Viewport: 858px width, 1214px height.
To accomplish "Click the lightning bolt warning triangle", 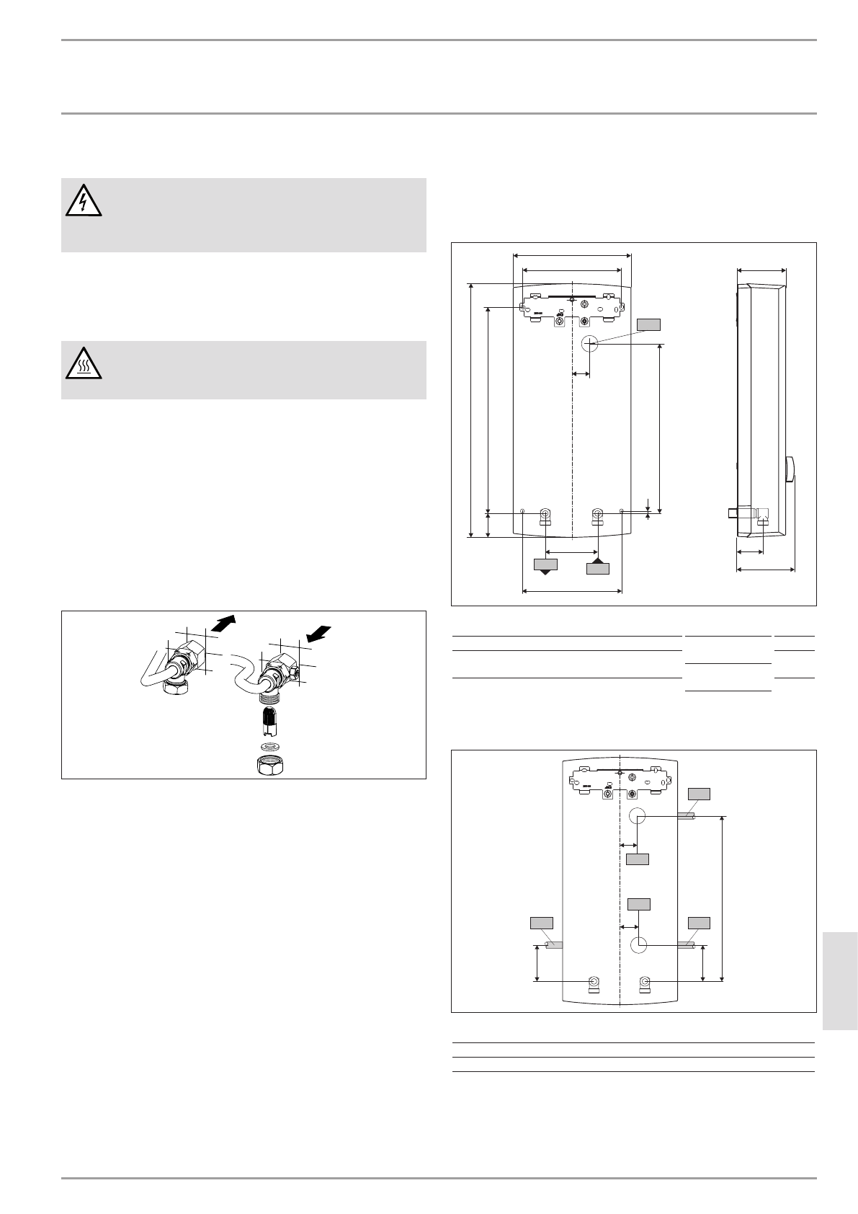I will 83,202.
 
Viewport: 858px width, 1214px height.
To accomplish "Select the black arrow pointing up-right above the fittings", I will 225,621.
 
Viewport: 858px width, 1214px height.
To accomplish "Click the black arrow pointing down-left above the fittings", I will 318,632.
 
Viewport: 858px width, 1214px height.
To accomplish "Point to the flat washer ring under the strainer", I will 271,745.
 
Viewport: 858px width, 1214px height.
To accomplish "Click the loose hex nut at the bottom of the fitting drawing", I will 271,765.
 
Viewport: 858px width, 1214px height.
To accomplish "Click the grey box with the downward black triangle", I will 545,565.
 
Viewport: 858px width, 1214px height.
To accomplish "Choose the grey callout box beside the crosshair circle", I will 648,324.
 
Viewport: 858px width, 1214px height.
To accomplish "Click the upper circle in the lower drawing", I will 637,816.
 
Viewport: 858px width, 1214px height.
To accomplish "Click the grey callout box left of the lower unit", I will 541,923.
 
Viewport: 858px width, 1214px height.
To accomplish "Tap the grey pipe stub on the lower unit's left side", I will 554,944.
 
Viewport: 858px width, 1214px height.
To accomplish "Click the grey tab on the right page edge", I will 839,983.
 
